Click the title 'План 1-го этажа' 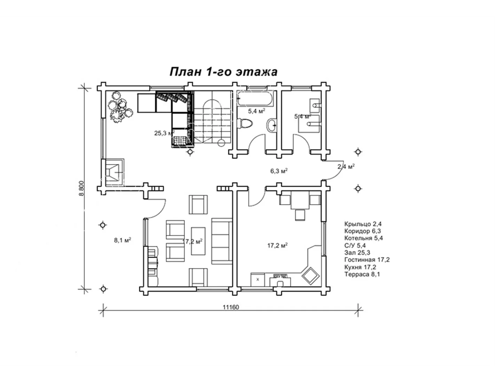[x=223, y=71]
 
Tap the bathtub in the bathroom [x=255, y=99]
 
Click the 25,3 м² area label [x=165, y=133]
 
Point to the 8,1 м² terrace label [x=123, y=240]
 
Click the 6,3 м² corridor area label [x=279, y=171]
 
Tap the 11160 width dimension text [x=231, y=307]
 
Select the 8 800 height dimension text [x=81, y=188]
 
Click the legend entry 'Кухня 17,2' [x=360, y=267]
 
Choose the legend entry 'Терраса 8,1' [x=362, y=274]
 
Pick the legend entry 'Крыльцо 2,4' [x=363, y=224]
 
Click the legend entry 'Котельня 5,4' [x=363, y=238]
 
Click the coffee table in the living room [x=198, y=241]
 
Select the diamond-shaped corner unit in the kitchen [x=310, y=276]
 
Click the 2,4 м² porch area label [x=346, y=166]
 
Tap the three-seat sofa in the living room [x=222, y=241]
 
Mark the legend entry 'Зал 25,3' [x=357, y=252]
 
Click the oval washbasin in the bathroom [x=272, y=125]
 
